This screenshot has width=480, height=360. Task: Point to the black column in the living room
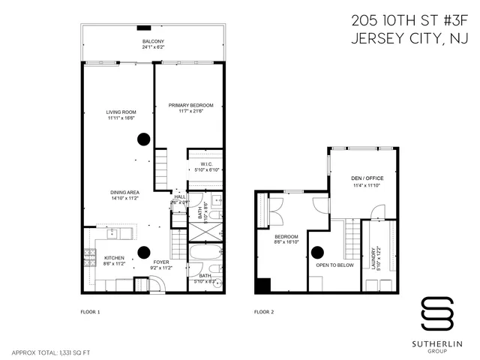point(142,138)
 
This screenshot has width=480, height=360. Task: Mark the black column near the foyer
point(143,252)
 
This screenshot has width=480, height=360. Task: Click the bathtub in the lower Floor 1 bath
point(203,255)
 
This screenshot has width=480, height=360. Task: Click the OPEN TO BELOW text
point(334,265)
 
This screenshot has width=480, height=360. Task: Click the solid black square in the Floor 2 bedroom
point(262,285)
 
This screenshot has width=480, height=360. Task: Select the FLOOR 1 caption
point(90,310)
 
